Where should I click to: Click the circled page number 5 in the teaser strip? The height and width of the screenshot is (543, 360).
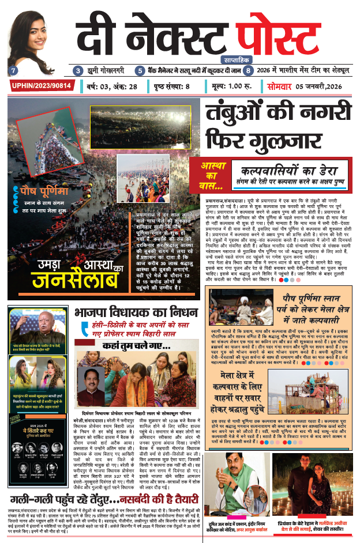click(x=140, y=71)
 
